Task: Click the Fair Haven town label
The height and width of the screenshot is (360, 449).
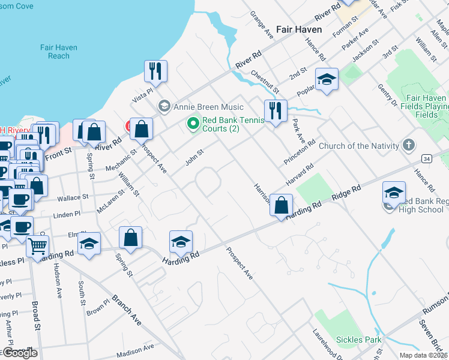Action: (x=299, y=29)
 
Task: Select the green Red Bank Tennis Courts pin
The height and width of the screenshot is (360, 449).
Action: (x=193, y=124)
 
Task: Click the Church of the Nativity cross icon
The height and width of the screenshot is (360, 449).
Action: (x=409, y=145)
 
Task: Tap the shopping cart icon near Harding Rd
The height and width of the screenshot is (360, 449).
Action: (x=38, y=245)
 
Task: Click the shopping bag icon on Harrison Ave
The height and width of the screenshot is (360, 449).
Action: (x=281, y=205)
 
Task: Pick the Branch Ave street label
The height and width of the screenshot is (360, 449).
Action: (x=127, y=310)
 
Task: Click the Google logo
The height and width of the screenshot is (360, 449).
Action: (x=19, y=353)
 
